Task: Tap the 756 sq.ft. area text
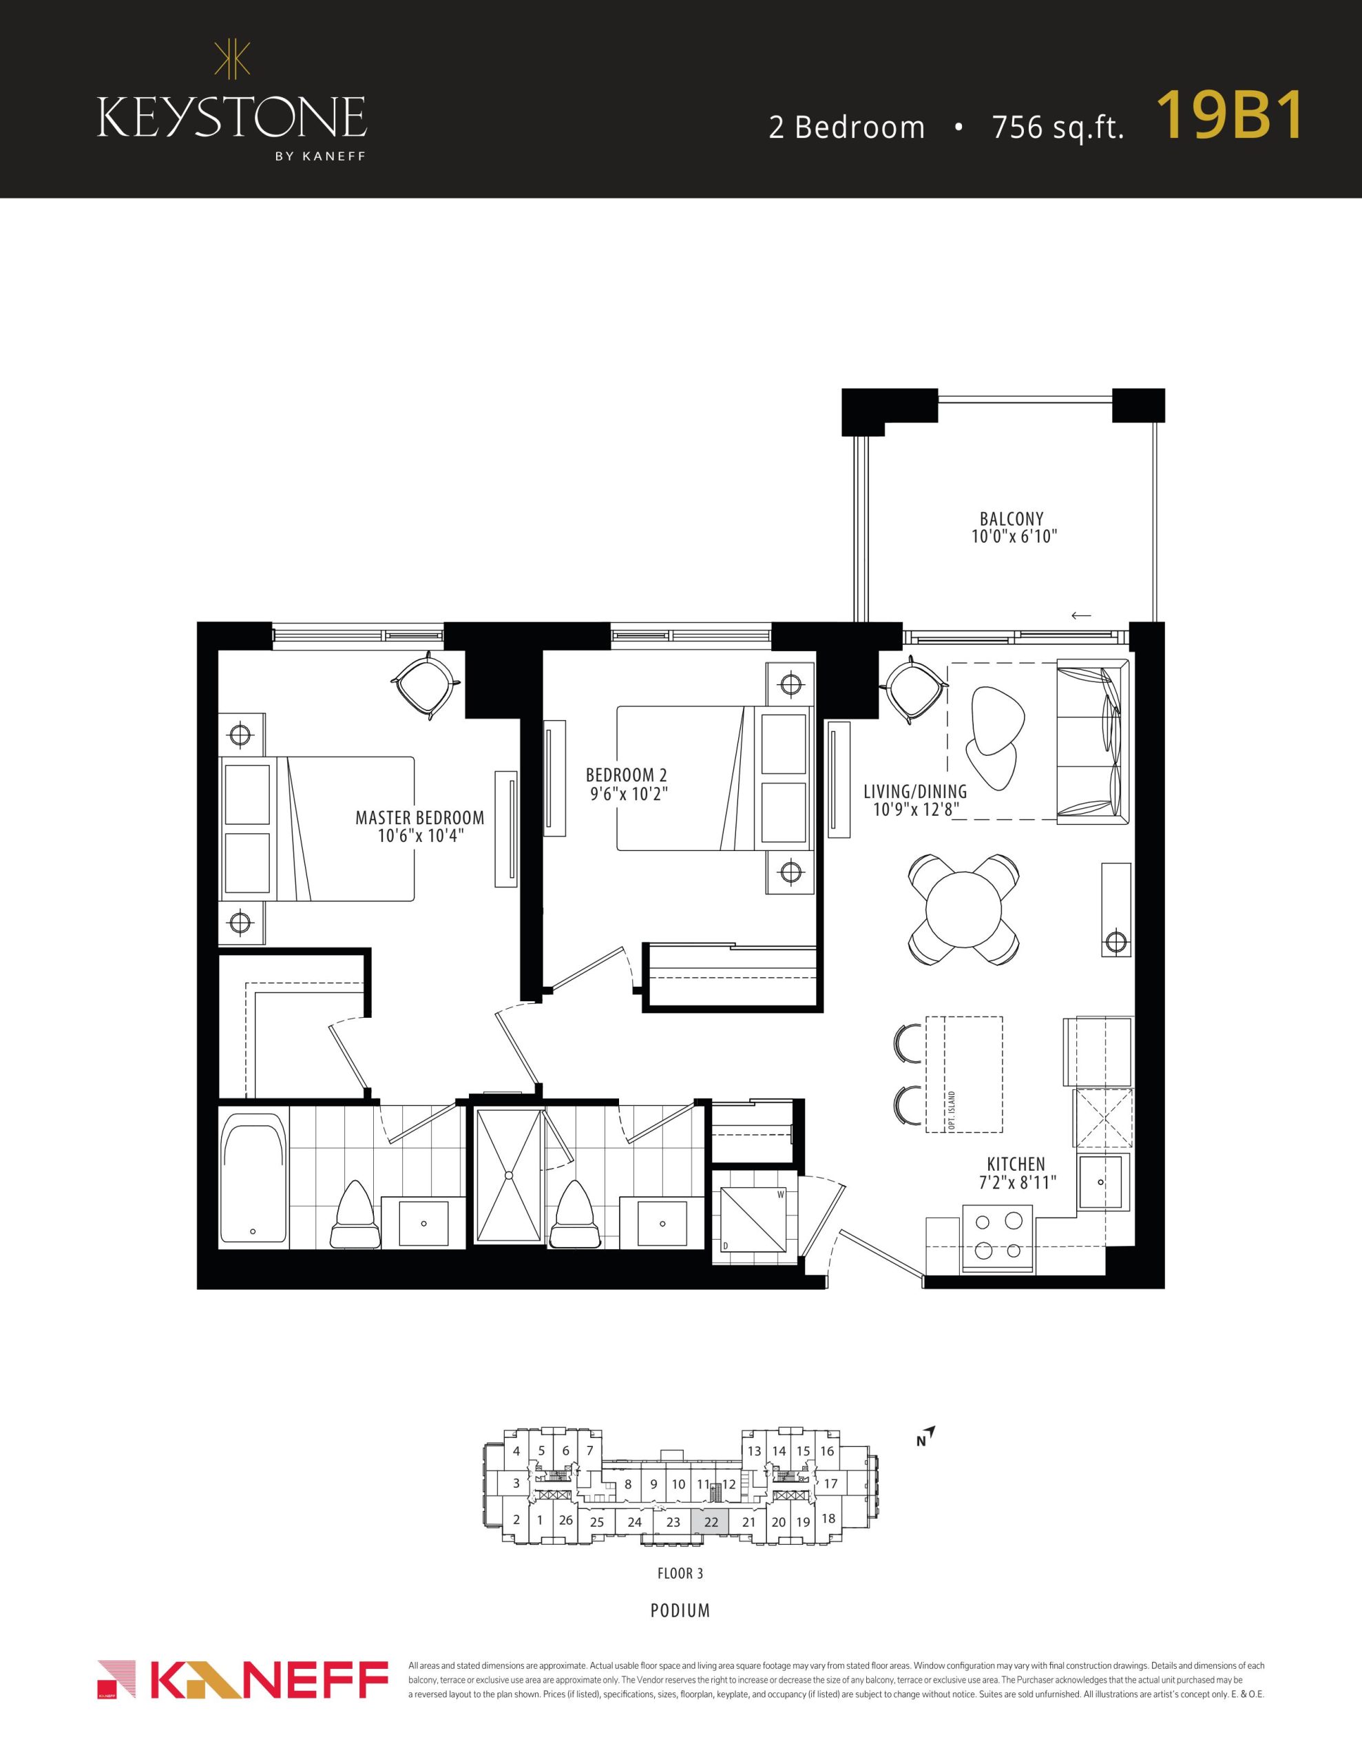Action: coord(1058,127)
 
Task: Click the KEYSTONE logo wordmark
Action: coord(232,117)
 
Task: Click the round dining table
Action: coord(963,908)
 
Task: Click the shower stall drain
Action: coord(510,1174)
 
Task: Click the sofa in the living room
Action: coord(1092,741)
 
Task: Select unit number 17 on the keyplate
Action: coord(830,1484)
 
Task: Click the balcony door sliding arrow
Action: coord(1080,615)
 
